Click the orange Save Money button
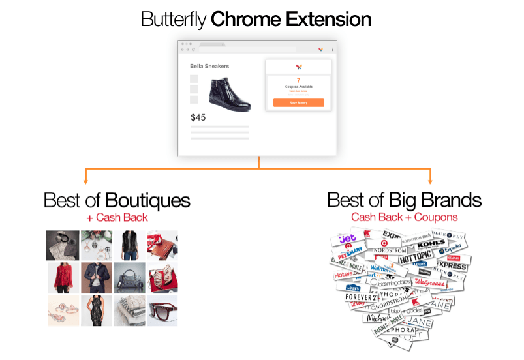coord(298,102)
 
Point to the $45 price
coord(198,118)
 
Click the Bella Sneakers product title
coord(209,66)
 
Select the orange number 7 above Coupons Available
coord(298,80)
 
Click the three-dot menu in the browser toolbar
coord(332,50)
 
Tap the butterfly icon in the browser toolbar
coord(320,50)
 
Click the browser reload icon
coord(193,50)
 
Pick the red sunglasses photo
coord(162,310)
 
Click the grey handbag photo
coord(129,278)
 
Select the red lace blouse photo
coord(63,278)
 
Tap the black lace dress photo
coord(96,310)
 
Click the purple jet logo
coord(347,239)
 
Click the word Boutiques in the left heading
coord(147,200)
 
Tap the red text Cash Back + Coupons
coord(404,217)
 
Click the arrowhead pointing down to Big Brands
coord(429,180)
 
